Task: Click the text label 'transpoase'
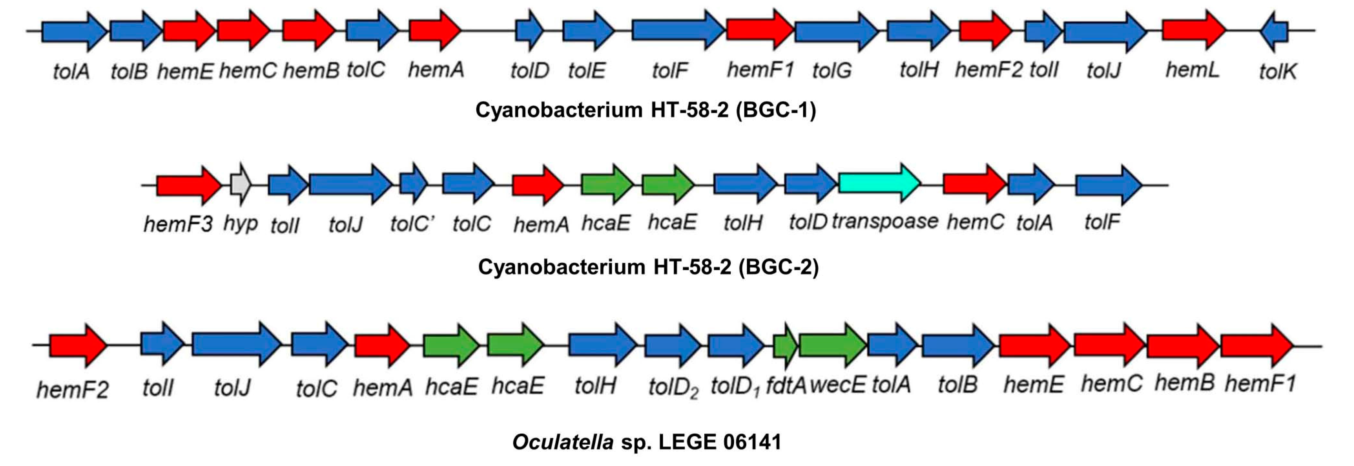point(884,221)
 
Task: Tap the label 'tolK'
point(1277,71)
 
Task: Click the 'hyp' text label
point(241,224)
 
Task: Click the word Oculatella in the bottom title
point(563,442)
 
